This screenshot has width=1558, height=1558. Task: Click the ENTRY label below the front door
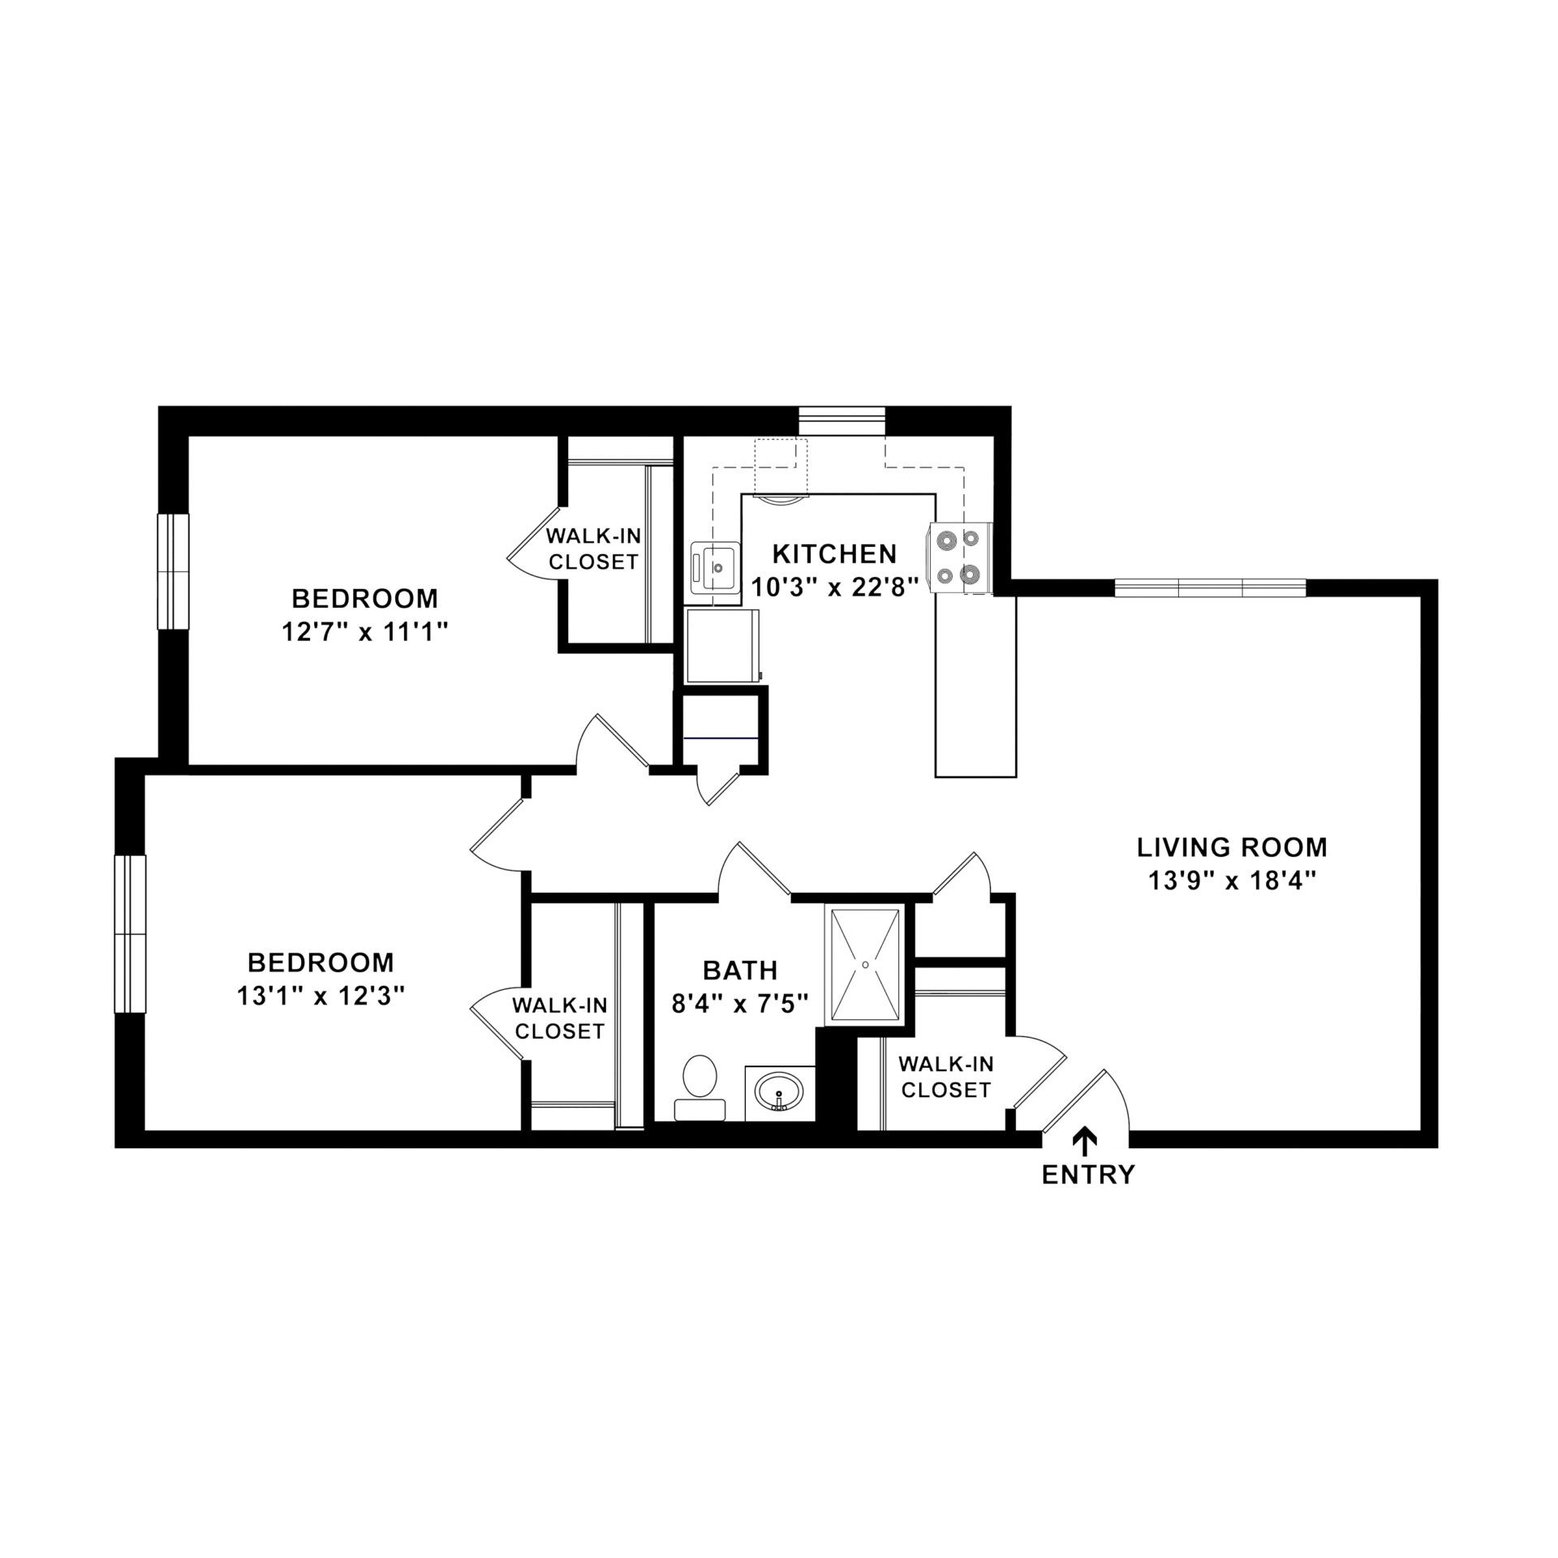point(1088,1174)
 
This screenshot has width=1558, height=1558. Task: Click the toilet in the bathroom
point(699,1087)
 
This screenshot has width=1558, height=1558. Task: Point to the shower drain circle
point(866,963)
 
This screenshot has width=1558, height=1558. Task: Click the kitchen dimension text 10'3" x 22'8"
point(835,586)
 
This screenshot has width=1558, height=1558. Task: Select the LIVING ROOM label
point(1231,847)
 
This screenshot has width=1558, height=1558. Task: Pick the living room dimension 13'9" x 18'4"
point(1231,880)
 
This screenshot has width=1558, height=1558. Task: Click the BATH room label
point(740,970)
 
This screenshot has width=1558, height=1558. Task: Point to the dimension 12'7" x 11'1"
point(365,632)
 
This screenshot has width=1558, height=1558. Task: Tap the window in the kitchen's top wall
point(841,421)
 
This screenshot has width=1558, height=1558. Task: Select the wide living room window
point(1210,587)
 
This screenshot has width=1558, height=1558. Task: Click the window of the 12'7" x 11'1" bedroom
point(172,571)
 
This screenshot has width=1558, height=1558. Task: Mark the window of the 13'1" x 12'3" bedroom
point(129,933)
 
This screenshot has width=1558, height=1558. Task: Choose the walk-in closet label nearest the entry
point(945,1076)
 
